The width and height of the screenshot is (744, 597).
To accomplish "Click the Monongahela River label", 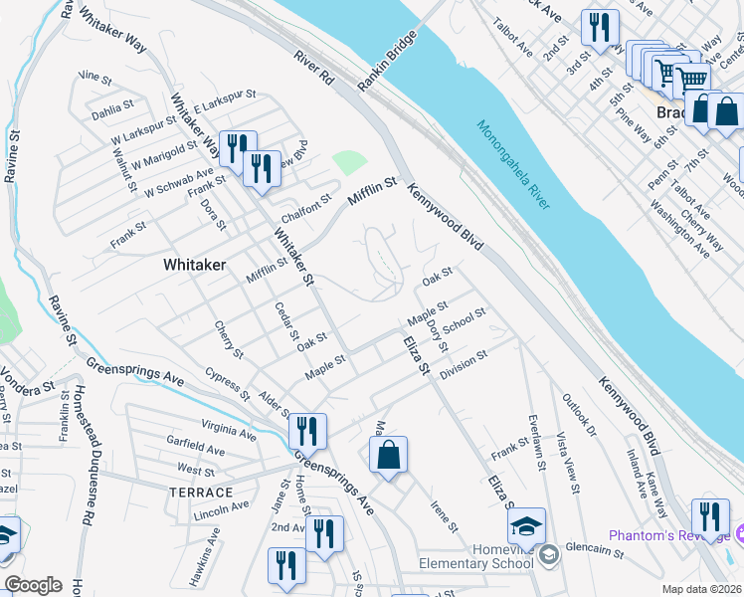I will (x=513, y=165).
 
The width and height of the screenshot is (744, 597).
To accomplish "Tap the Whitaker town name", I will (x=194, y=266).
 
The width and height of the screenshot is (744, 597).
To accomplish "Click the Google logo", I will (x=33, y=585).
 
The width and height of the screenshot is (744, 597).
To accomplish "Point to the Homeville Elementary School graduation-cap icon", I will (x=526, y=526).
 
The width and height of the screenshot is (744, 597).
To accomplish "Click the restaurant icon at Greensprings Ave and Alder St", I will (x=307, y=431).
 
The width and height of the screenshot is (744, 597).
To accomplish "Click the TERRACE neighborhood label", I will (x=201, y=493).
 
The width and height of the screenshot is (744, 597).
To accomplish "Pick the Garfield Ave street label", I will (x=196, y=450).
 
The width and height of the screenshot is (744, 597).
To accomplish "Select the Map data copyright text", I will (x=702, y=589).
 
